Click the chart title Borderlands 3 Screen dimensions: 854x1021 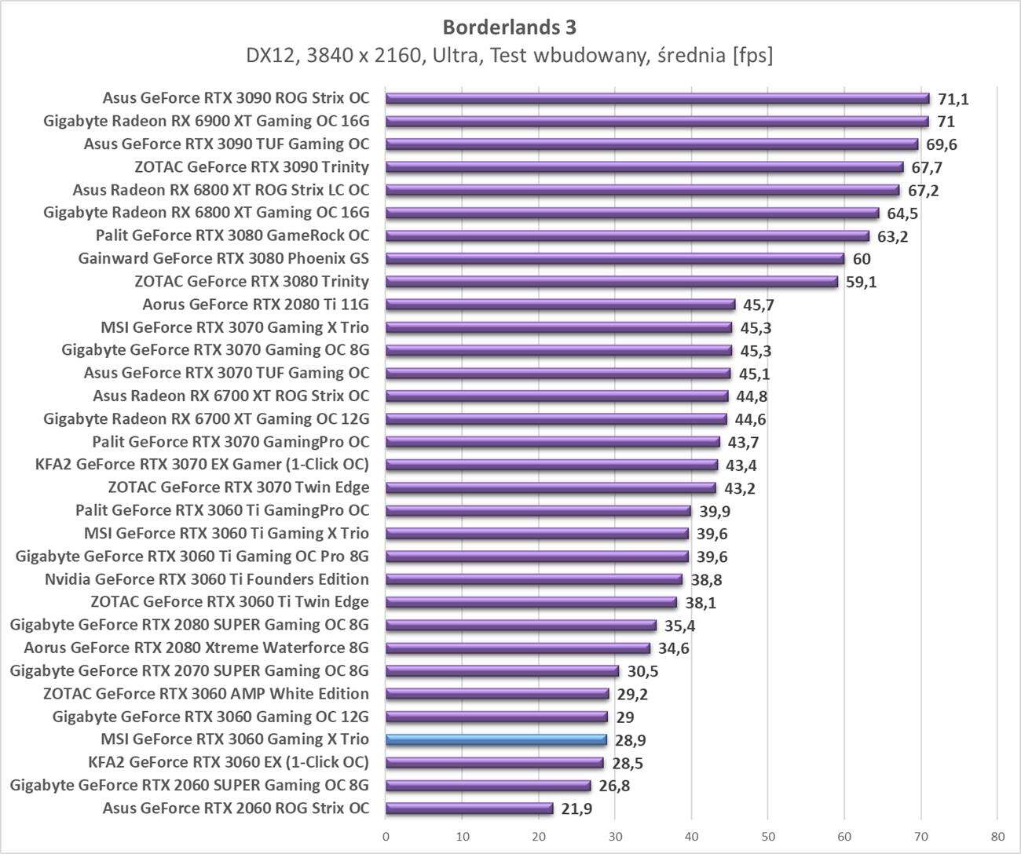coord(509,27)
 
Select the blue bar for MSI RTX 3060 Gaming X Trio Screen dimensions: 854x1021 coord(496,739)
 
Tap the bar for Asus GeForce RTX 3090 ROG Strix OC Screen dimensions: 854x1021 coord(657,98)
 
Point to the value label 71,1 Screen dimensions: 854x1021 coord(953,99)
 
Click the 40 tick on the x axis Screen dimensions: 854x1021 coord(691,837)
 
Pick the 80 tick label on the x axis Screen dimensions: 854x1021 coord(997,837)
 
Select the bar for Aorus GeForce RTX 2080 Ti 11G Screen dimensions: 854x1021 coord(560,305)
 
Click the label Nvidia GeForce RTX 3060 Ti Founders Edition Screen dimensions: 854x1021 coord(207,579)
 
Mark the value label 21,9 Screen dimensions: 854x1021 coord(576,808)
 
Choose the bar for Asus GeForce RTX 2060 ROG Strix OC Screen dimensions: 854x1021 coord(469,808)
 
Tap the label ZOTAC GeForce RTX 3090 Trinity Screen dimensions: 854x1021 coord(251,166)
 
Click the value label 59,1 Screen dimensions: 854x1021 coord(861,282)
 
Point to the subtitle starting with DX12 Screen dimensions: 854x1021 coord(509,56)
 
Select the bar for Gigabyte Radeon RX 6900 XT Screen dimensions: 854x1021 coord(657,122)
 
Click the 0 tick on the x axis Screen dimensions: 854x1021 coord(386,837)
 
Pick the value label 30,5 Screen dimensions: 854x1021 coord(642,671)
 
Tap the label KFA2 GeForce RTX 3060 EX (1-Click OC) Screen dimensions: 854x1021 coord(229,762)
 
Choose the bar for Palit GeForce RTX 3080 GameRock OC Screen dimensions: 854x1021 coord(628,236)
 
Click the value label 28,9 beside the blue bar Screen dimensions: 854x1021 coord(630,740)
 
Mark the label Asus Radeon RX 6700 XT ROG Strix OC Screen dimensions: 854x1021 coord(231,396)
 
